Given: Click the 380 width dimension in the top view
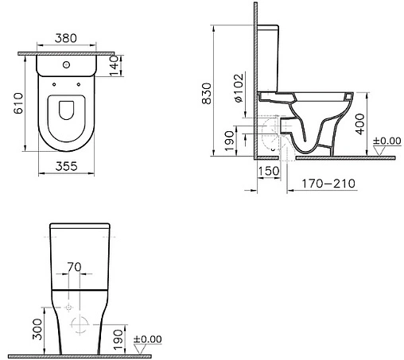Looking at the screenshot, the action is point(66,38).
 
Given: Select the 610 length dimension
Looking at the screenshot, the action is point(18,103).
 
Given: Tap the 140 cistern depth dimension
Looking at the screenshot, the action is point(114,66).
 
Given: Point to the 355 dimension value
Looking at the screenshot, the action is point(66,166).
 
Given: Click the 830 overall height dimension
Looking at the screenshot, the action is point(207,94).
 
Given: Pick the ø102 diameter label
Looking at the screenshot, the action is point(239,88).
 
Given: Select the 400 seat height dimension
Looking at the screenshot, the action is point(359,124).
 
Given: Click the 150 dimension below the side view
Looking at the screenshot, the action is point(269,171).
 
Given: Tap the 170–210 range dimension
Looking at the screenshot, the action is point(328,184).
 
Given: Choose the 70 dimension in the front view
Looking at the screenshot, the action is point(74,267).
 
